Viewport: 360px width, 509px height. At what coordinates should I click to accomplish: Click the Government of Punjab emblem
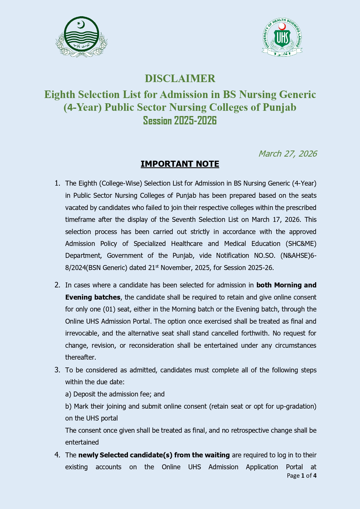tap(81, 37)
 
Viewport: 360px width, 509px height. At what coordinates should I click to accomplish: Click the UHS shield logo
tap(282, 37)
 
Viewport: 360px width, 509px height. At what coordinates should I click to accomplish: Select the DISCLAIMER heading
tap(180, 79)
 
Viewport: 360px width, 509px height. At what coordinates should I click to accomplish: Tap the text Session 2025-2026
tap(180, 121)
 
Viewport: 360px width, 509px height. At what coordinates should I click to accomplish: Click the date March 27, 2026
tap(287, 154)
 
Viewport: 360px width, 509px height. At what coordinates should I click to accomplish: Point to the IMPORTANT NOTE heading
tap(180, 164)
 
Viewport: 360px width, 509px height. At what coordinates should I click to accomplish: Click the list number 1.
tap(57, 183)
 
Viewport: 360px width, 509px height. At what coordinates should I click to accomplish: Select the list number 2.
tap(57, 285)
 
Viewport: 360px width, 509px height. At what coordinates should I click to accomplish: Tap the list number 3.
tap(57, 370)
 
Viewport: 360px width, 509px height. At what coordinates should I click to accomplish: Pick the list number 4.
tap(57, 455)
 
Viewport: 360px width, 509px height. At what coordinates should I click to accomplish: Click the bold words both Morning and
tap(286, 285)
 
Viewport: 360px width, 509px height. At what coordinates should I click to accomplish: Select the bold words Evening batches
tap(93, 297)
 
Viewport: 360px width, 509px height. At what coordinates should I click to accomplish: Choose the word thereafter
tap(80, 357)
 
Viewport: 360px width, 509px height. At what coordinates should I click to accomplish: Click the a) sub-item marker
tap(68, 394)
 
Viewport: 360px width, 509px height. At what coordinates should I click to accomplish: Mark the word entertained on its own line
tap(82, 442)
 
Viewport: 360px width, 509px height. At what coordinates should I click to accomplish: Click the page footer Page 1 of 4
tap(301, 476)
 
